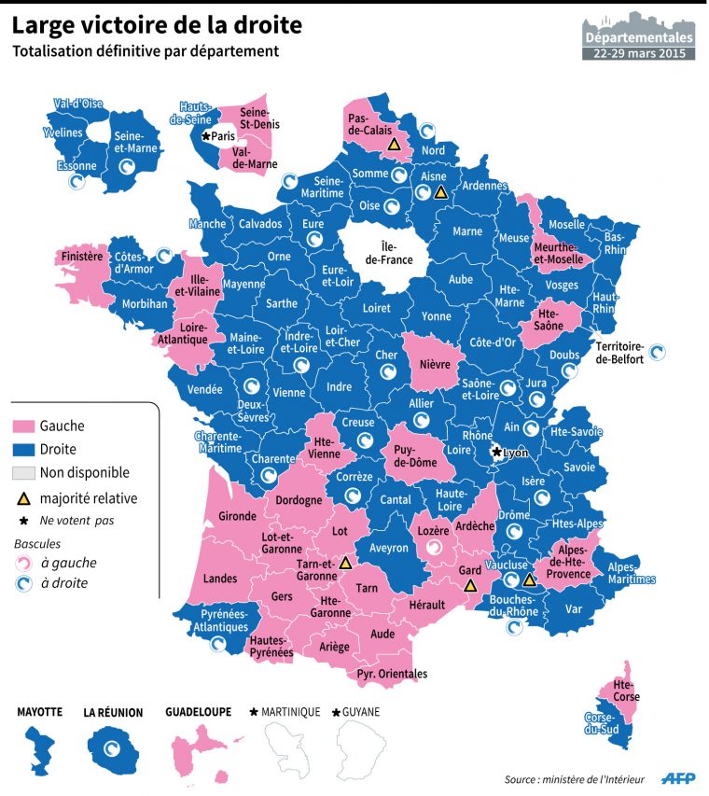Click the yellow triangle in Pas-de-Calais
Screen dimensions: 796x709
point(394,146)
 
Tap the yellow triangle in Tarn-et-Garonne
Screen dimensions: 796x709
point(345,563)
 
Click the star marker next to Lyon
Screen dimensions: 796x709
point(497,453)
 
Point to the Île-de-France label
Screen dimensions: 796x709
point(384,253)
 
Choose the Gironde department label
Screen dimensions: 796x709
point(237,515)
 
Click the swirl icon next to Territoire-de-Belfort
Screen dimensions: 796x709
point(658,353)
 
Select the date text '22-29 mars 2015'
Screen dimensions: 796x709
point(639,53)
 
